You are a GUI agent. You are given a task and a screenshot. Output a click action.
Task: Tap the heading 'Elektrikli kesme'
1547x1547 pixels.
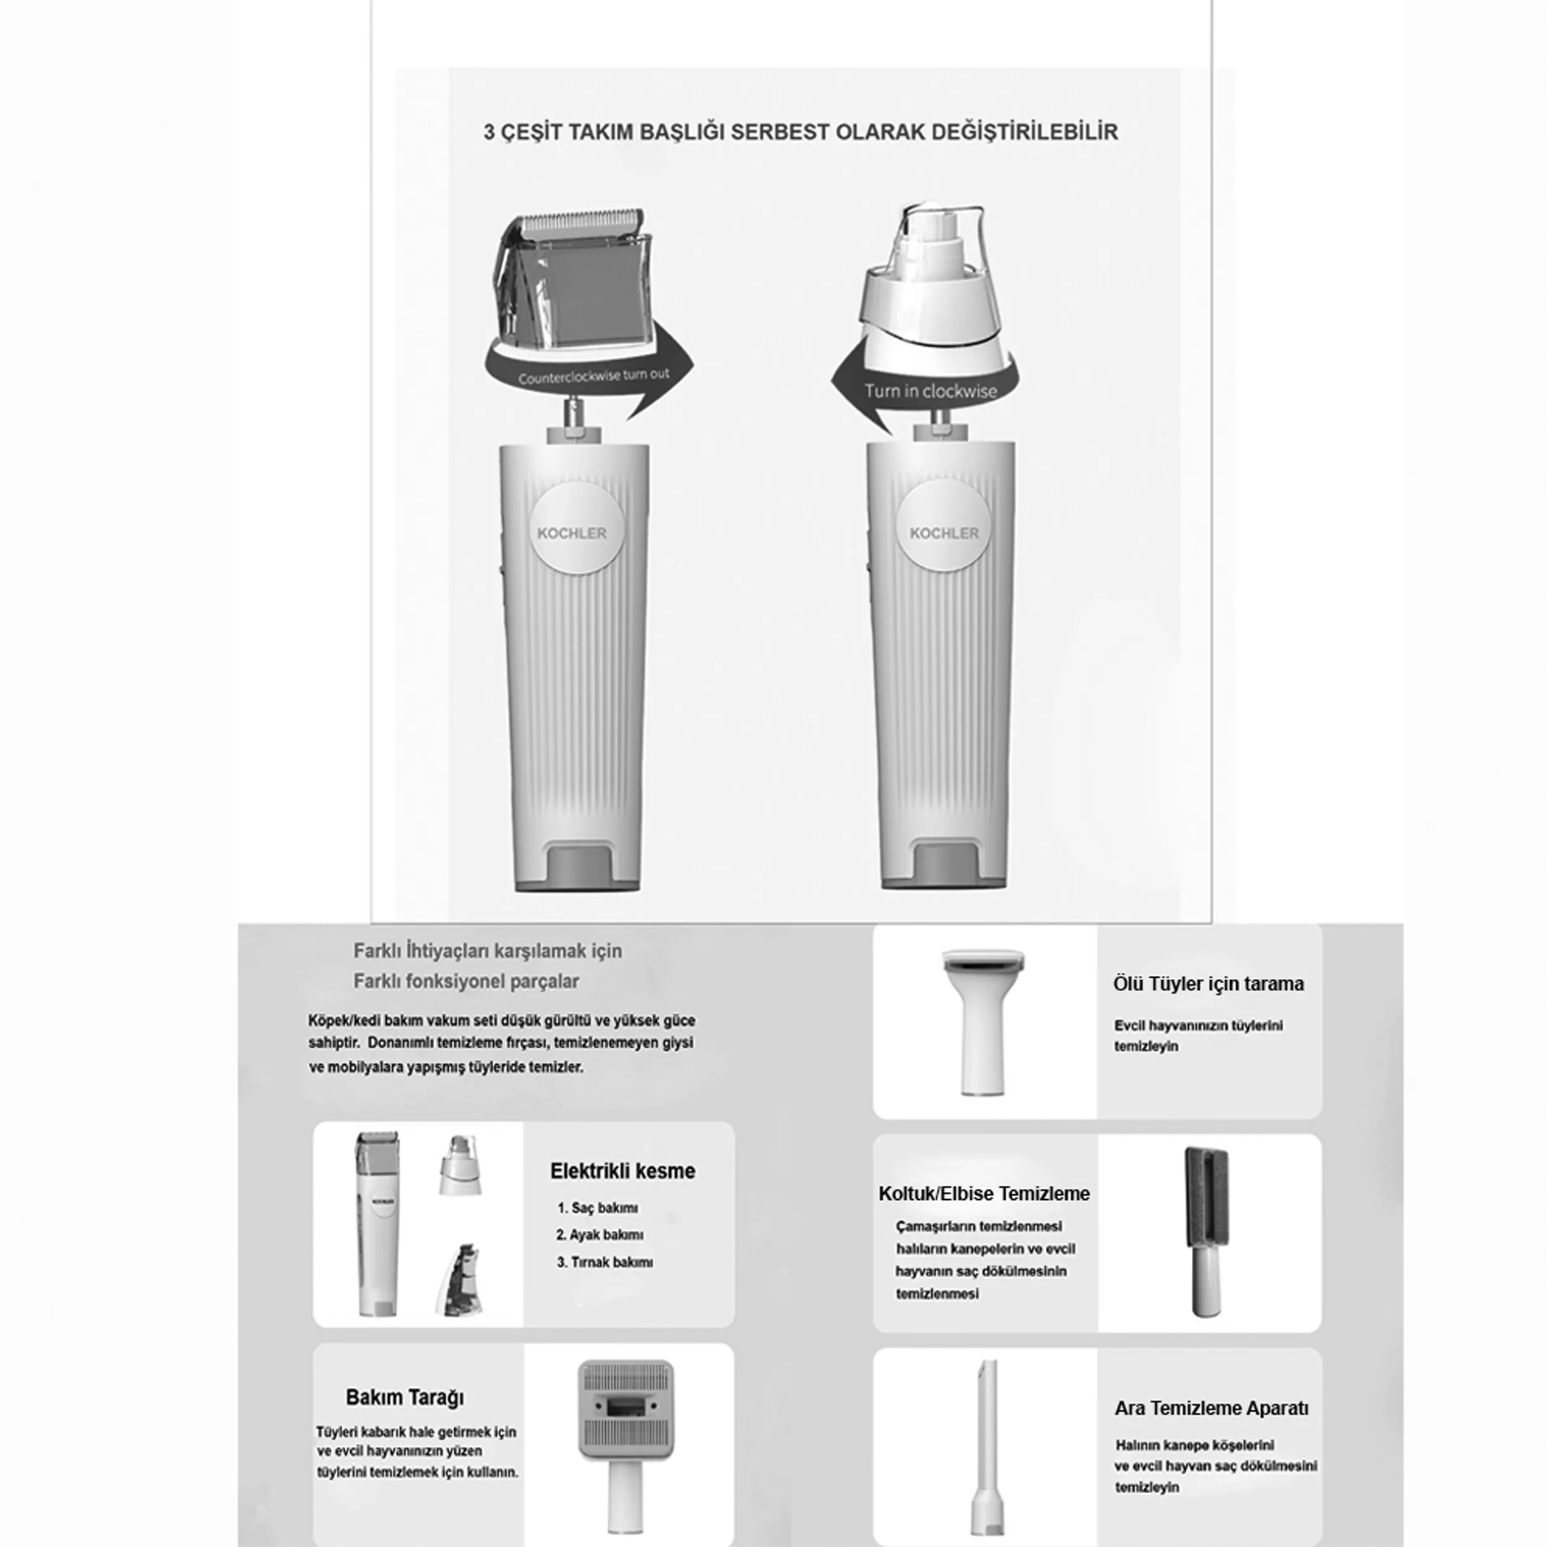pyautogui.click(x=622, y=1171)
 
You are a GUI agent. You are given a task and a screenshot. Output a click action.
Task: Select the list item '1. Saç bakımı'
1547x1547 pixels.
pyautogui.click(x=597, y=1207)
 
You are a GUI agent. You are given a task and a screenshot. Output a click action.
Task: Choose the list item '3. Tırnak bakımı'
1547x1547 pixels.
pyautogui.click(x=605, y=1262)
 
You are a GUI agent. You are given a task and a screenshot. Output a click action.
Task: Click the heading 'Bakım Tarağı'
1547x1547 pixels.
pyautogui.click(x=404, y=1397)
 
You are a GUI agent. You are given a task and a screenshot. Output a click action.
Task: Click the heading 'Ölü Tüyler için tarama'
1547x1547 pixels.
pyautogui.click(x=1209, y=984)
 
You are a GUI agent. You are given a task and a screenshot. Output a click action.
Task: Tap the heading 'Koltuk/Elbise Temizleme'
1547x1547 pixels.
pyautogui.click(x=984, y=1193)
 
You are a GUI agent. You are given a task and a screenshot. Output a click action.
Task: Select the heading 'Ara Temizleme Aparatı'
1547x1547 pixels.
pyautogui.click(x=1212, y=1408)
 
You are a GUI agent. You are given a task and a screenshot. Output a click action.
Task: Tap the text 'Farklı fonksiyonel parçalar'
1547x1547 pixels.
pyautogui.click(x=466, y=981)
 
